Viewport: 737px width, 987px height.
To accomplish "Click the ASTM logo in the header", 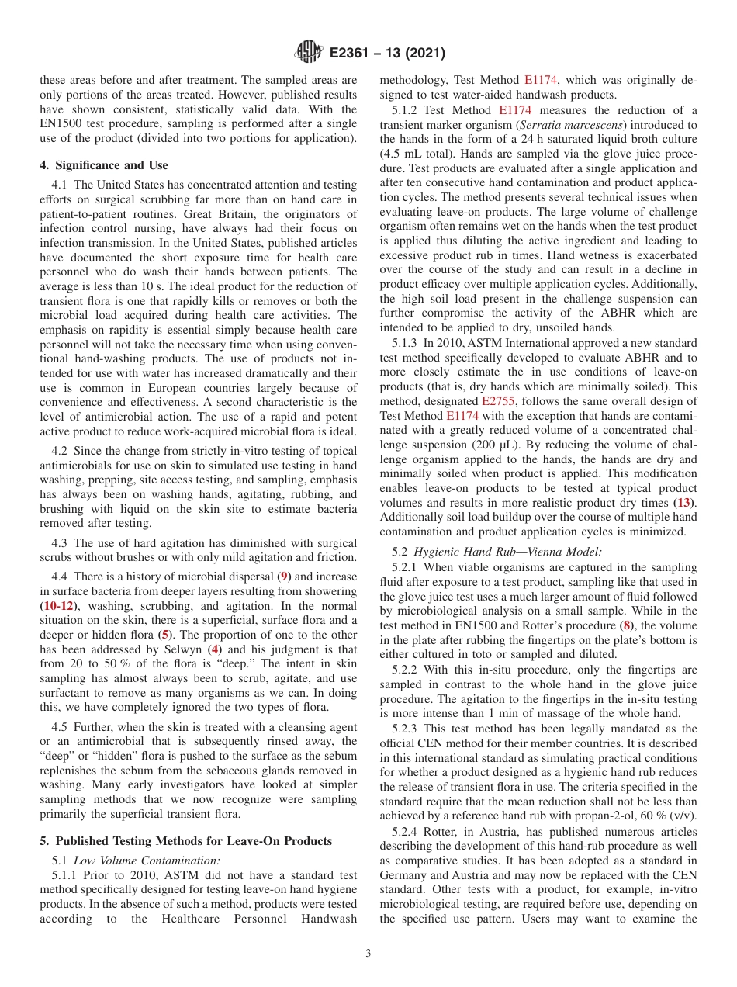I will [x=309, y=53].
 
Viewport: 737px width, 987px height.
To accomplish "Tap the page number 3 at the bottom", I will [x=368, y=954].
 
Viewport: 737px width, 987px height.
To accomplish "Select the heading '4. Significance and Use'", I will [x=104, y=165].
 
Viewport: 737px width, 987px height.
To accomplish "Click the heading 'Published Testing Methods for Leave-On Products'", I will [x=193, y=841].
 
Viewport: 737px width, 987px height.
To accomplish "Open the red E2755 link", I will [x=493, y=401].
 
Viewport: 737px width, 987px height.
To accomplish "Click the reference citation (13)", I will [x=687, y=504].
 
